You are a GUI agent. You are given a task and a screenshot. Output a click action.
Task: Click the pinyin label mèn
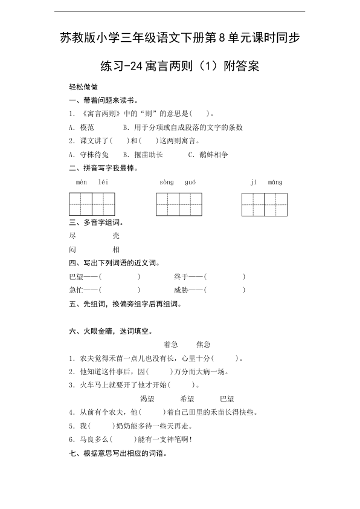[82, 182]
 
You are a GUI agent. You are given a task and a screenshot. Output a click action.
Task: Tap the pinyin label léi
[102, 182]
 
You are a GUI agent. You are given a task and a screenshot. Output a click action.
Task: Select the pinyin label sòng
[167, 182]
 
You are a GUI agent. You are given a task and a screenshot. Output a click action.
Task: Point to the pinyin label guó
[190, 182]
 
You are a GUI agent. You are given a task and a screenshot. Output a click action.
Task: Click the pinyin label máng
[275, 182]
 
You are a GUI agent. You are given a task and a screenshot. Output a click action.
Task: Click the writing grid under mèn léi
[92, 204]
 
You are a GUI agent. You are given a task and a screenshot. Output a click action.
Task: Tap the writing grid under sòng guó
[179, 204]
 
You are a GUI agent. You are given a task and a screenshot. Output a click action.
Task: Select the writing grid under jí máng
[265, 204]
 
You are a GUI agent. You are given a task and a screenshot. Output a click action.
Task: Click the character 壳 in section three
[117, 236]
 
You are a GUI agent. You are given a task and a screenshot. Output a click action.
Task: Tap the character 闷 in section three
[73, 249]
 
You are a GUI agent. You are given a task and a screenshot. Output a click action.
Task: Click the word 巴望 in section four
[77, 276]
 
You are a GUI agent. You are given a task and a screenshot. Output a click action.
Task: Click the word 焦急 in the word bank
[204, 344]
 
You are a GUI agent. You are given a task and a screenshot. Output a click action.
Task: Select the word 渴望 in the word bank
[147, 399]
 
